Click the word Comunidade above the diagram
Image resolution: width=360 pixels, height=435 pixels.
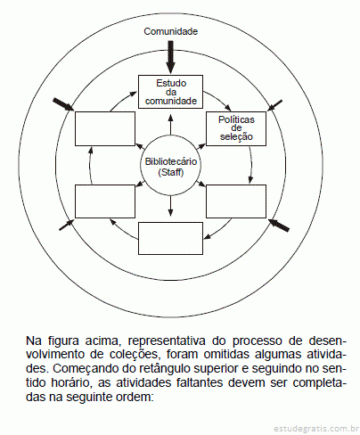[x=170, y=31]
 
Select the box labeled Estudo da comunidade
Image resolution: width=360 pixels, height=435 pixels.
[x=170, y=92]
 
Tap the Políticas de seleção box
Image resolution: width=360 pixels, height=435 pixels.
[x=236, y=128]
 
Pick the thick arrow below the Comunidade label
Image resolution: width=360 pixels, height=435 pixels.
[x=170, y=57]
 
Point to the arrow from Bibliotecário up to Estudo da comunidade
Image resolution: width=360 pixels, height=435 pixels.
[x=170, y=125]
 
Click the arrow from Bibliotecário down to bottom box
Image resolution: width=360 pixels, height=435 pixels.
[x=170, y=206]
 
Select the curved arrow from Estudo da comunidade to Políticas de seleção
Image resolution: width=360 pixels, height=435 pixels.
[x=219, y=99]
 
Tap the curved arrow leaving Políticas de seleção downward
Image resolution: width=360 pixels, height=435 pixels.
[x=251, y=165]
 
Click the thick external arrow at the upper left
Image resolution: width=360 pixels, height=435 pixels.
[x=63, y=104]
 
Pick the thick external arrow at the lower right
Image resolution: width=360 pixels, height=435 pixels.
[x=279, y=226]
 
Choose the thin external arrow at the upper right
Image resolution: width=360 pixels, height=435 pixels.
[x=274, y=105]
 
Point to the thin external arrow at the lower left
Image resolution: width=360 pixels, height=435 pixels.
[x=67, y=225]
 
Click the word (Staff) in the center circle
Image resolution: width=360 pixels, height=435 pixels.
[x=171, y=172]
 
